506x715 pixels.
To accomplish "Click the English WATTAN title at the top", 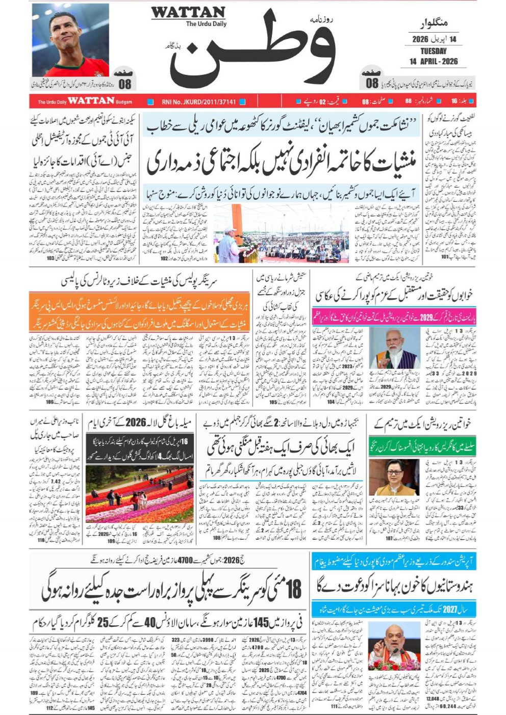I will (x=188, y=13).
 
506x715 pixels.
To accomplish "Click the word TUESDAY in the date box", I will (x=433, y=51).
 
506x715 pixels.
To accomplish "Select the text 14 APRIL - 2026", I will (x=433, y=62).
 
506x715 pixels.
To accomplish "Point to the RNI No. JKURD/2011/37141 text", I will (x=198, y=102).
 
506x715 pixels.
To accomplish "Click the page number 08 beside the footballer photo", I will (x=124, y=84).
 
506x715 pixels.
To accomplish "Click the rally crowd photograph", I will (x=282, y=233).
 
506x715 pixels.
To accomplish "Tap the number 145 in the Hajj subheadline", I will (x=261, y=623).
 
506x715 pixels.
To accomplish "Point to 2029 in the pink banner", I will (x=426, y=317).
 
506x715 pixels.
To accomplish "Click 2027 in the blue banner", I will (x=449, y=610).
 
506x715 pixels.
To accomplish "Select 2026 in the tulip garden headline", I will (x=136, y=422).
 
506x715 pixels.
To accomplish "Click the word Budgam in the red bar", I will (x=123, y=102).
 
